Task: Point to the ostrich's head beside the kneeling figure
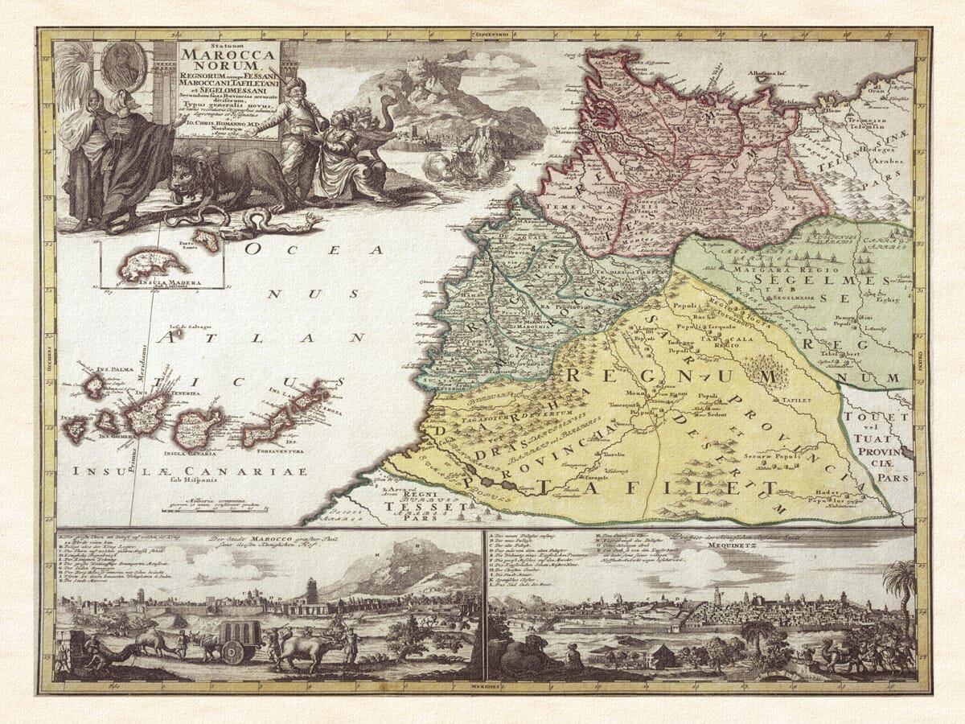(x=388, y=101)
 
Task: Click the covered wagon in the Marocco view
(x=240, y=639)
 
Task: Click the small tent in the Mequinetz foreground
(x=663, y=656)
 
